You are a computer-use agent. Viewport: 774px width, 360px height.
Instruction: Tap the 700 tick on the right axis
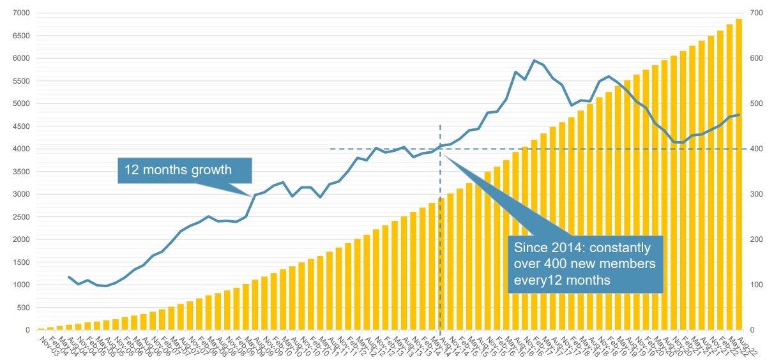point(757,13)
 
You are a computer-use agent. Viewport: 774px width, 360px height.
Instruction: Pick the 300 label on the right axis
point(757,194)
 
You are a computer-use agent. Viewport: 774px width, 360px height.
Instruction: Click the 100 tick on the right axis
point(757,285)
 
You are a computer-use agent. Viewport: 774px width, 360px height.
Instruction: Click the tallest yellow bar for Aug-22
point(739,176)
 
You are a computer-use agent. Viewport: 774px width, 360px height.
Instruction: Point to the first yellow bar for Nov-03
point(41,329)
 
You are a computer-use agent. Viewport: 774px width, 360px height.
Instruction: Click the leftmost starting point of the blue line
point(69,277)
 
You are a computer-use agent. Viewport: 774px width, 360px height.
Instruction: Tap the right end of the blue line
point(739,115)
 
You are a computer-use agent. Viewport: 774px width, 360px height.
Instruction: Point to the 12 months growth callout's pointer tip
point(253,195)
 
